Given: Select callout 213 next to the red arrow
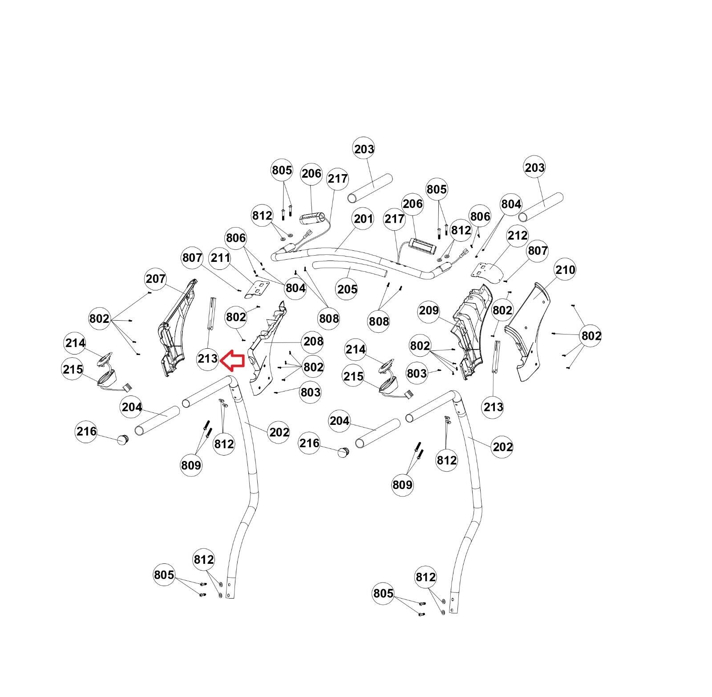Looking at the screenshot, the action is tap(208, 359).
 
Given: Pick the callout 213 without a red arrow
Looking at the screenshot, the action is tap(493, 407).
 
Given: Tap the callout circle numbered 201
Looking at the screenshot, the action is tap(364, 219).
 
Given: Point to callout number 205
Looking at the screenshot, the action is tap(347, 289).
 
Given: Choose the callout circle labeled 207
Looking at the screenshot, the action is tap(156, 279).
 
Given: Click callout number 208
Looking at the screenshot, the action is tap(313, 341).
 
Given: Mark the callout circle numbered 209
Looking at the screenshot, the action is tap(429, 310).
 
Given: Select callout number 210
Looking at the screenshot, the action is tap(565, 269).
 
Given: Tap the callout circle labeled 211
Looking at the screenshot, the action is tap(221, 257).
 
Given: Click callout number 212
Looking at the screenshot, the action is tap(518, 235).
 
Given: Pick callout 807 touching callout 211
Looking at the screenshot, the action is tap(192, 257).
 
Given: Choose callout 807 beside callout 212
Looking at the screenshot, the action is tap(538, 251).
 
